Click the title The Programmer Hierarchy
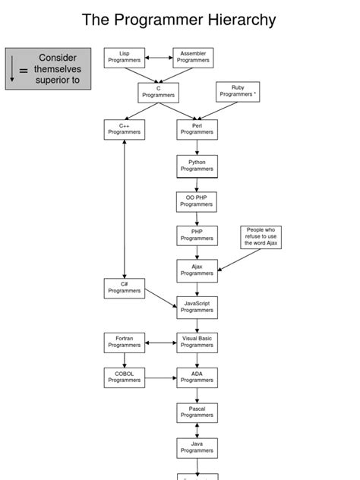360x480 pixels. pyautogui.click(x=179, y=20)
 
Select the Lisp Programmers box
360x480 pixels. pyautogui.click(x=125, y=58)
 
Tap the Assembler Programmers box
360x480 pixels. pyautogui.click(x=193, y=58)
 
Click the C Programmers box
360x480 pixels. pyautogui.click(x=159, y=93)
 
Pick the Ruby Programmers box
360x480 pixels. pyautogui.click(x=238, y=92)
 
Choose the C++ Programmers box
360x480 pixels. pyautogui.click(x=124, y=129)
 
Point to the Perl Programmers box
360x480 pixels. pyautogui.click(x=197, y=129)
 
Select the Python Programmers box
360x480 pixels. pyautogui.click(x=197, y=166)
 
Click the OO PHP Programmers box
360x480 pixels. pyautogui.click(x=197, y=201)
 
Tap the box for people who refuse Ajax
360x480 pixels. pyautogui.click(x=261, y=236)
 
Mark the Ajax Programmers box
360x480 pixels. pyautogui.click(x=197, y=270)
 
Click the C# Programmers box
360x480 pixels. pyautogui.click(x=124, y=288)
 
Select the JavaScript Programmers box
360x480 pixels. pyautogui.click(x=197, y=307)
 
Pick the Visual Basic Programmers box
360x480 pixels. pyautogui.click(x=197, y=342)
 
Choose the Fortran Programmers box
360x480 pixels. pyautogui.click(x=124, y=342)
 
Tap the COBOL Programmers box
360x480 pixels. pyautogui.click(x=124, y=377)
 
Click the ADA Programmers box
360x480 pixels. pyautogui.click(x=197, y=377)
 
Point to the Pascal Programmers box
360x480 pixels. pyautogui.click(x=197, y=412)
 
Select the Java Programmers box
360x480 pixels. pyautogui.click(x=197, y=448)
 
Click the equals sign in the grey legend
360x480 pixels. pyautogui.click(x=24, y=71)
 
